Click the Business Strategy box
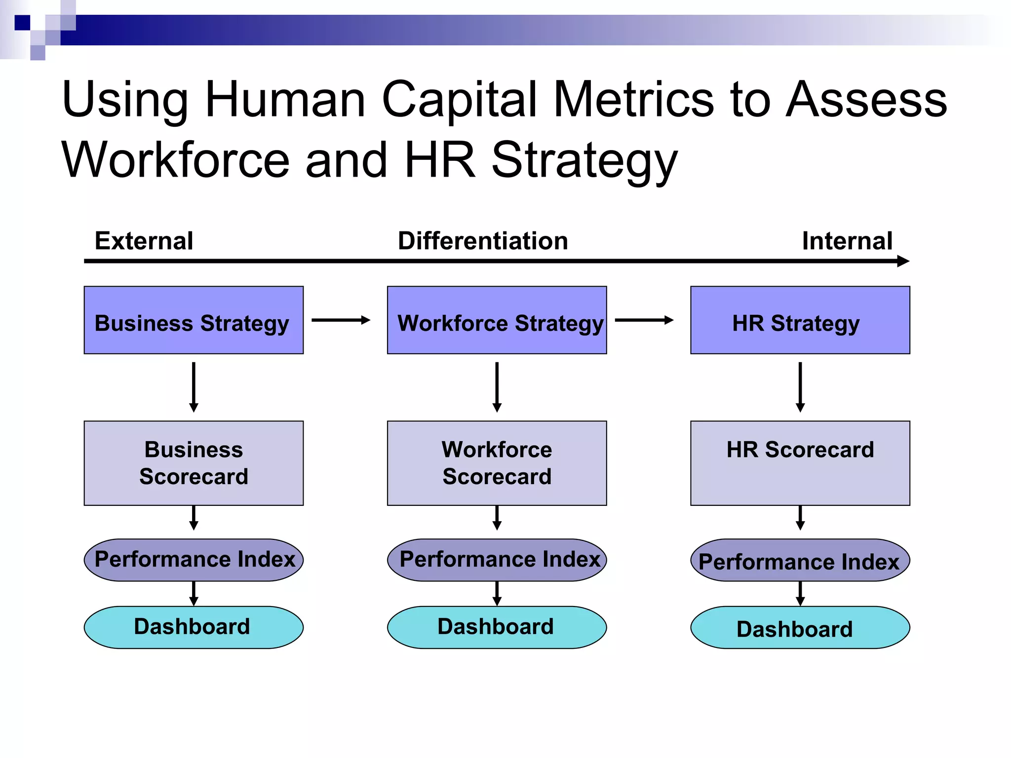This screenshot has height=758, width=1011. point(194,320)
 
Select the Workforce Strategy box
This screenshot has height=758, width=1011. point(497,320)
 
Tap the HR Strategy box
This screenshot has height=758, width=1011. point(800,320)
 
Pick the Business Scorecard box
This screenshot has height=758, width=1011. point(194,463)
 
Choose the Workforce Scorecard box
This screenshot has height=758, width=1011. point(497,463)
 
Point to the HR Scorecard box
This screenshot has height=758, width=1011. point(800,463)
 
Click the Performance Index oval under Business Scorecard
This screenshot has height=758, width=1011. point(194,560)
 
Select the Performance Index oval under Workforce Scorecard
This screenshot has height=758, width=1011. point(497,560)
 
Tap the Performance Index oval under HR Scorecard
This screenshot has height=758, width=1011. point(800,560)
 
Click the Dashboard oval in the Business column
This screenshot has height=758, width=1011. point(194,627)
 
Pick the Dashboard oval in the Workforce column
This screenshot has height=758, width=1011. point(497,627)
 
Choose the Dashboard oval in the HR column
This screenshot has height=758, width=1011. point(800,628)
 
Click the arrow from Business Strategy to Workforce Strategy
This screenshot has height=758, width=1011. point(341,320)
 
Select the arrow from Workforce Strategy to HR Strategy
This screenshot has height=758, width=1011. point(644,320)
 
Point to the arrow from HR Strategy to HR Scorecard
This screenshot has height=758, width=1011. point(800,387)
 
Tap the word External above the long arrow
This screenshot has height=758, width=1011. point(144,241)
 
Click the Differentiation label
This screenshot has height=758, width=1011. point(483,241)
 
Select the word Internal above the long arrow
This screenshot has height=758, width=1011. point(847,241)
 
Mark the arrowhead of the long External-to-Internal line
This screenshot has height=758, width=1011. point(903,261)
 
